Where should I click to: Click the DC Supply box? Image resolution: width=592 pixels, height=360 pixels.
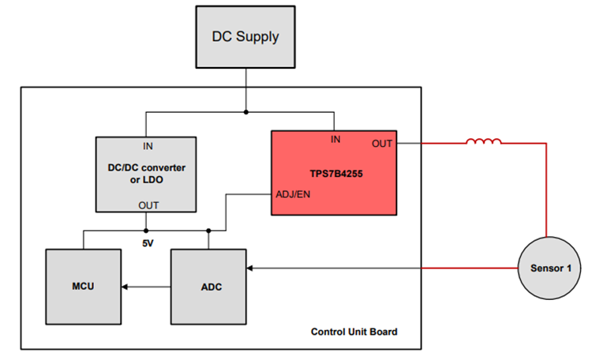(245, 36)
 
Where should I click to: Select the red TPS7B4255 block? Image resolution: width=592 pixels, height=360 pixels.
(333, 172)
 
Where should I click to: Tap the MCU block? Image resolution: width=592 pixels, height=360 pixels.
(82, 286)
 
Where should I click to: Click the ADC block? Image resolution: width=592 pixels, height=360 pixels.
(208, 286)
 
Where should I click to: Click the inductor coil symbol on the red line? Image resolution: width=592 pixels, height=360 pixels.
(483, 142)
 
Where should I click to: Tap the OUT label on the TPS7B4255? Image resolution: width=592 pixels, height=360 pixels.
(382, 144)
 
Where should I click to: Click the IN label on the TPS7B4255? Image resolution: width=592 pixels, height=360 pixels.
(335, 140)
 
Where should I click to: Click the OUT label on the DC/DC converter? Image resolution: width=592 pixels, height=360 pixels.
(148, 205)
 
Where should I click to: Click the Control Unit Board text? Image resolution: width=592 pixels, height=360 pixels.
(354, 332)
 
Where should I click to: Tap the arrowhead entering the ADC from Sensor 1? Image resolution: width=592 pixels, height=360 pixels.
(251, 268)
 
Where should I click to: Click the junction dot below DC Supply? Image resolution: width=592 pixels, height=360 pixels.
(245, 112)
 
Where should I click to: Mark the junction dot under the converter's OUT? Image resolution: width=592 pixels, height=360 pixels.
(147, 231)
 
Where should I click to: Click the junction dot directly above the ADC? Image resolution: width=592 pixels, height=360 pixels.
(208, 231)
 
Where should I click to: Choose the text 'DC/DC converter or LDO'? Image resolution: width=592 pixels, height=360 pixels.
(147, 174)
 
